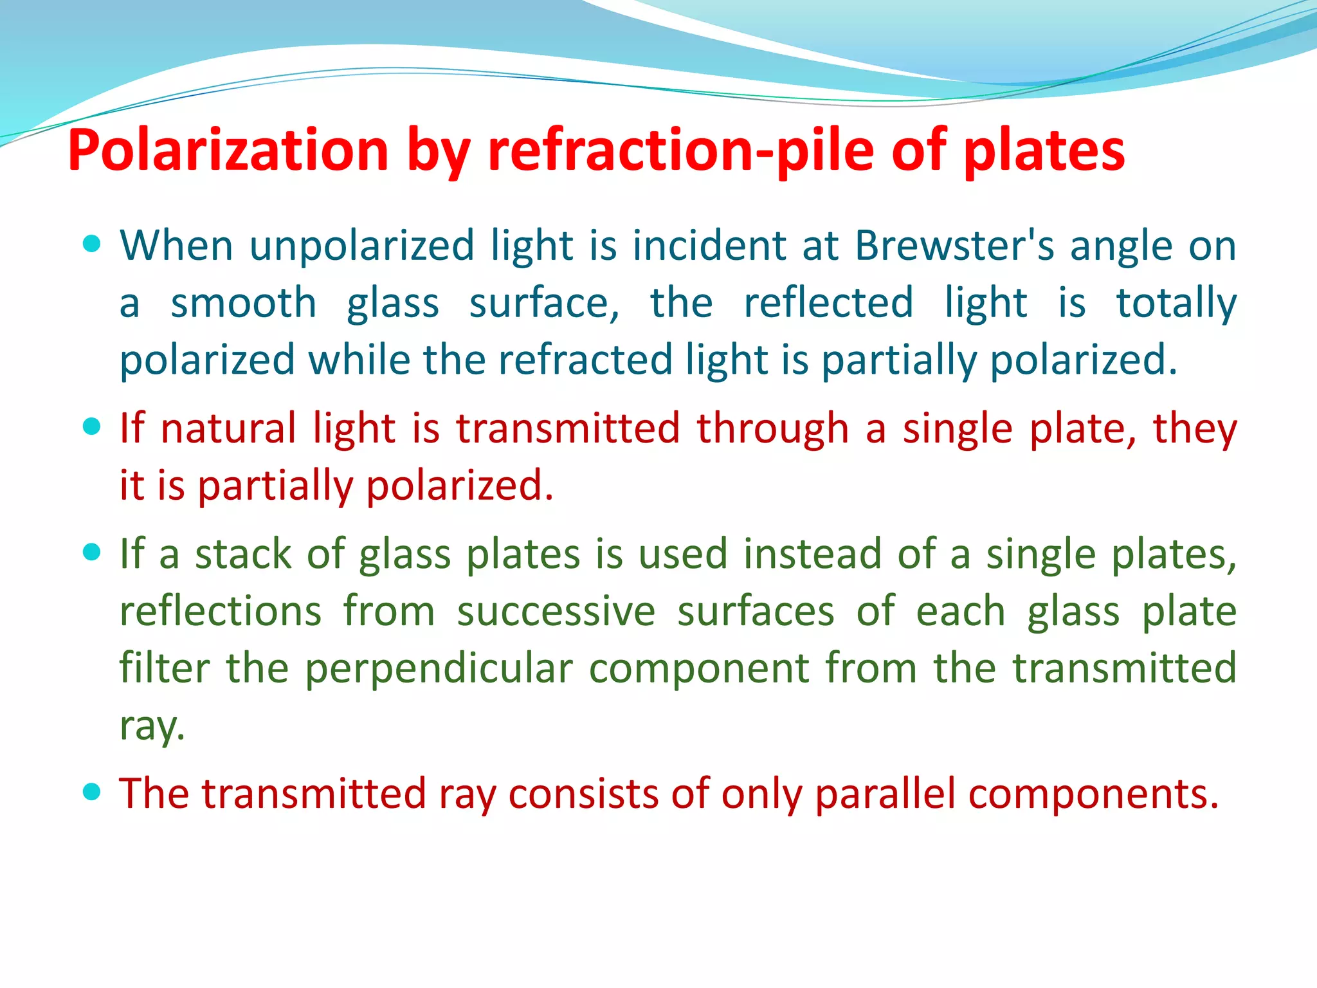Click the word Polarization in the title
coord(228,151)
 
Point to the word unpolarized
coord(361,246)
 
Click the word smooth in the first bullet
coord(243,303)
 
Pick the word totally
coord(1176,303)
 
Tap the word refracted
coord(585,360)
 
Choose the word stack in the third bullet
coord(243,554)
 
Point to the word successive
coord(556,611)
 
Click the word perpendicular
coord(438,668)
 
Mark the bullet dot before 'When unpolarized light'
coord(93,244)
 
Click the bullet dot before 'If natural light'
coord(93,426)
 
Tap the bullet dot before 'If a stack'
coord(93,553)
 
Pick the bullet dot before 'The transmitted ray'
coord(93,791)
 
